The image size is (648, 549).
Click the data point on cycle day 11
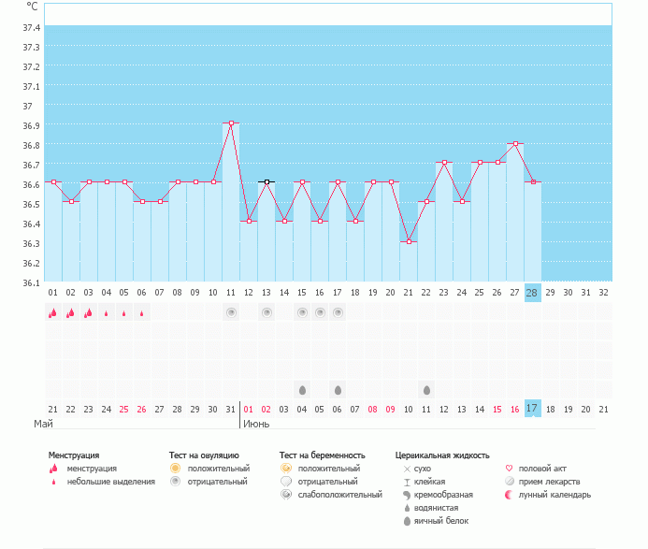coord(231,123)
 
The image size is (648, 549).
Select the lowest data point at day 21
coord(409,241)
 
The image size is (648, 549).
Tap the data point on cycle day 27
coord(514,143)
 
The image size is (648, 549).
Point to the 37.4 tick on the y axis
coord(31,26)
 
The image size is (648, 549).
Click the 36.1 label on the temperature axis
coord(31,282)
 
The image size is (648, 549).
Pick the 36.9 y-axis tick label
coord(31,125)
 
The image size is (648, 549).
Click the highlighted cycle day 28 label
coord(532,293)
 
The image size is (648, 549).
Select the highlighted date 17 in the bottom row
coord(532,409)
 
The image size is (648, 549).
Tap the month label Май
coord(43,424)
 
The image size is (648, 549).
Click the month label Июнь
coord(257,424)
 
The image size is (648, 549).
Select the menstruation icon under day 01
coord(52,312)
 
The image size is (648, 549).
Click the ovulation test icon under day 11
coord(231,312)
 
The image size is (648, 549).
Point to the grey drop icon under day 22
coord(426,389)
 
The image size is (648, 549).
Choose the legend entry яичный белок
coord(435,520)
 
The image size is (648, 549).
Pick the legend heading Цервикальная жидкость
coord(441,455)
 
